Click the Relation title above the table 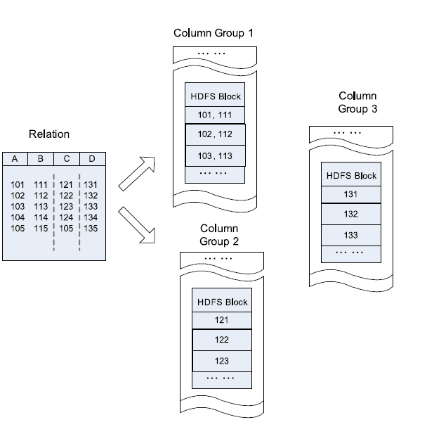coord(49,134)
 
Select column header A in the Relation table coord(14,159)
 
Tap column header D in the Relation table coord(91,159)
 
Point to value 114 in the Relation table coord(41,218)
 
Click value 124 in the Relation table coord(65,218)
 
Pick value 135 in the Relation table coord(91,228)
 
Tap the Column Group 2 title coord(219,235)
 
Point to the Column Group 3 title coord(357,102)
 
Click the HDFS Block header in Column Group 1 coord(215,96)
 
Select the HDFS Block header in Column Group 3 coord(350,176)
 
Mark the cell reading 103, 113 coord(215,155)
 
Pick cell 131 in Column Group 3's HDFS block coord(350,194)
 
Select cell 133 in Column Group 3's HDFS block coord(350,234)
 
